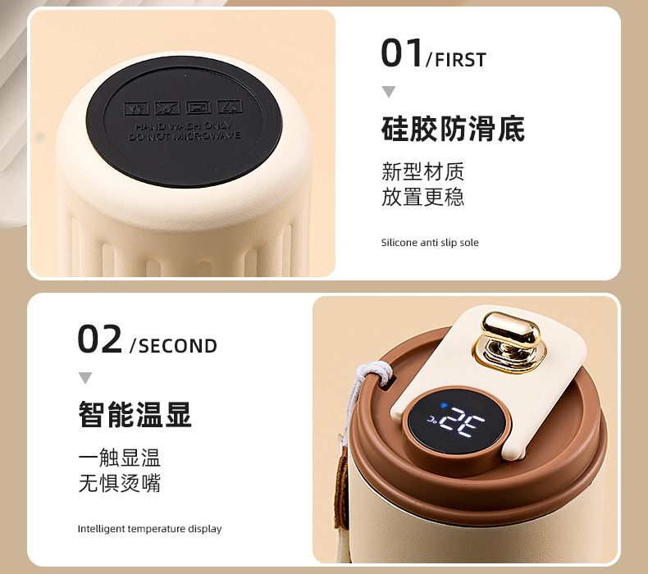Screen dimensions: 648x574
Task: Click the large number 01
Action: pos(402,52)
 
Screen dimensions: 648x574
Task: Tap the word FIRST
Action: pos(460,60)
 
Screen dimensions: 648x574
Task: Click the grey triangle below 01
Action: pos(389,91)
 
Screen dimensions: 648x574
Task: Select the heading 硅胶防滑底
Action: pos(453,129)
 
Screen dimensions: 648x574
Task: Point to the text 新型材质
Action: pos(422,171)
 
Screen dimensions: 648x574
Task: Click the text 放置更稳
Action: pos(422,197)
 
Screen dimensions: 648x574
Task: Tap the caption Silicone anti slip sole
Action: pos(430,243)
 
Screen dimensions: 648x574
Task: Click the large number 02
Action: pos(99,339)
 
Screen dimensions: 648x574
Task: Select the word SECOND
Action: pos(178,346)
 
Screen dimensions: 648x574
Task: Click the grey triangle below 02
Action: pos(85,378)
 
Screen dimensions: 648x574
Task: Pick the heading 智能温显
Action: pos(135,414)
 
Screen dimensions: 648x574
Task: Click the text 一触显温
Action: pos(120,458)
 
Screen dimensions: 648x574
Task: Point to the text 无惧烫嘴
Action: pos(120,483)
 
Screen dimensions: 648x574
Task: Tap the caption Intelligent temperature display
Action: pos(149,529)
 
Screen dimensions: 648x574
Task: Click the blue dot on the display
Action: pos(444,406)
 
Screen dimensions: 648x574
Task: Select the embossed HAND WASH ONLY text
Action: pos(184,126)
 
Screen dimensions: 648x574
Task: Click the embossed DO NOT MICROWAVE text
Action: pos(184,136)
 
